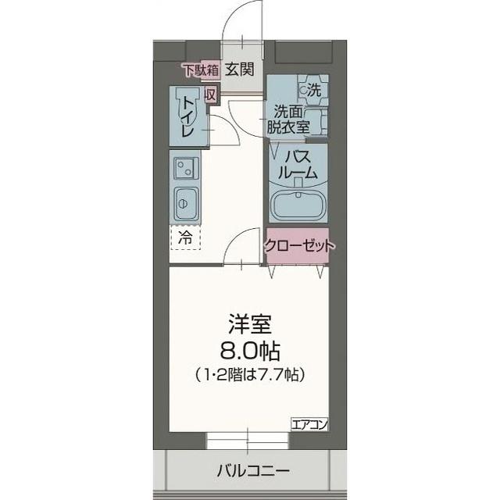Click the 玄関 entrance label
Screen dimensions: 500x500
click(240, 70)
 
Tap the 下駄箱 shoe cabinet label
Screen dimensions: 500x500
click(199, 69)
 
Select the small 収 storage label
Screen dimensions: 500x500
click(210, 95)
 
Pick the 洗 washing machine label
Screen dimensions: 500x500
click(313, 90)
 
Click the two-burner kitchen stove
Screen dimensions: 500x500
click(186, 167)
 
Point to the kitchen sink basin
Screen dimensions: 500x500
click(186, 205)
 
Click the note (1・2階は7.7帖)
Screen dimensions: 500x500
click(249, 374)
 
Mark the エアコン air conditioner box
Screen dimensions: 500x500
click(310, 424)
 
